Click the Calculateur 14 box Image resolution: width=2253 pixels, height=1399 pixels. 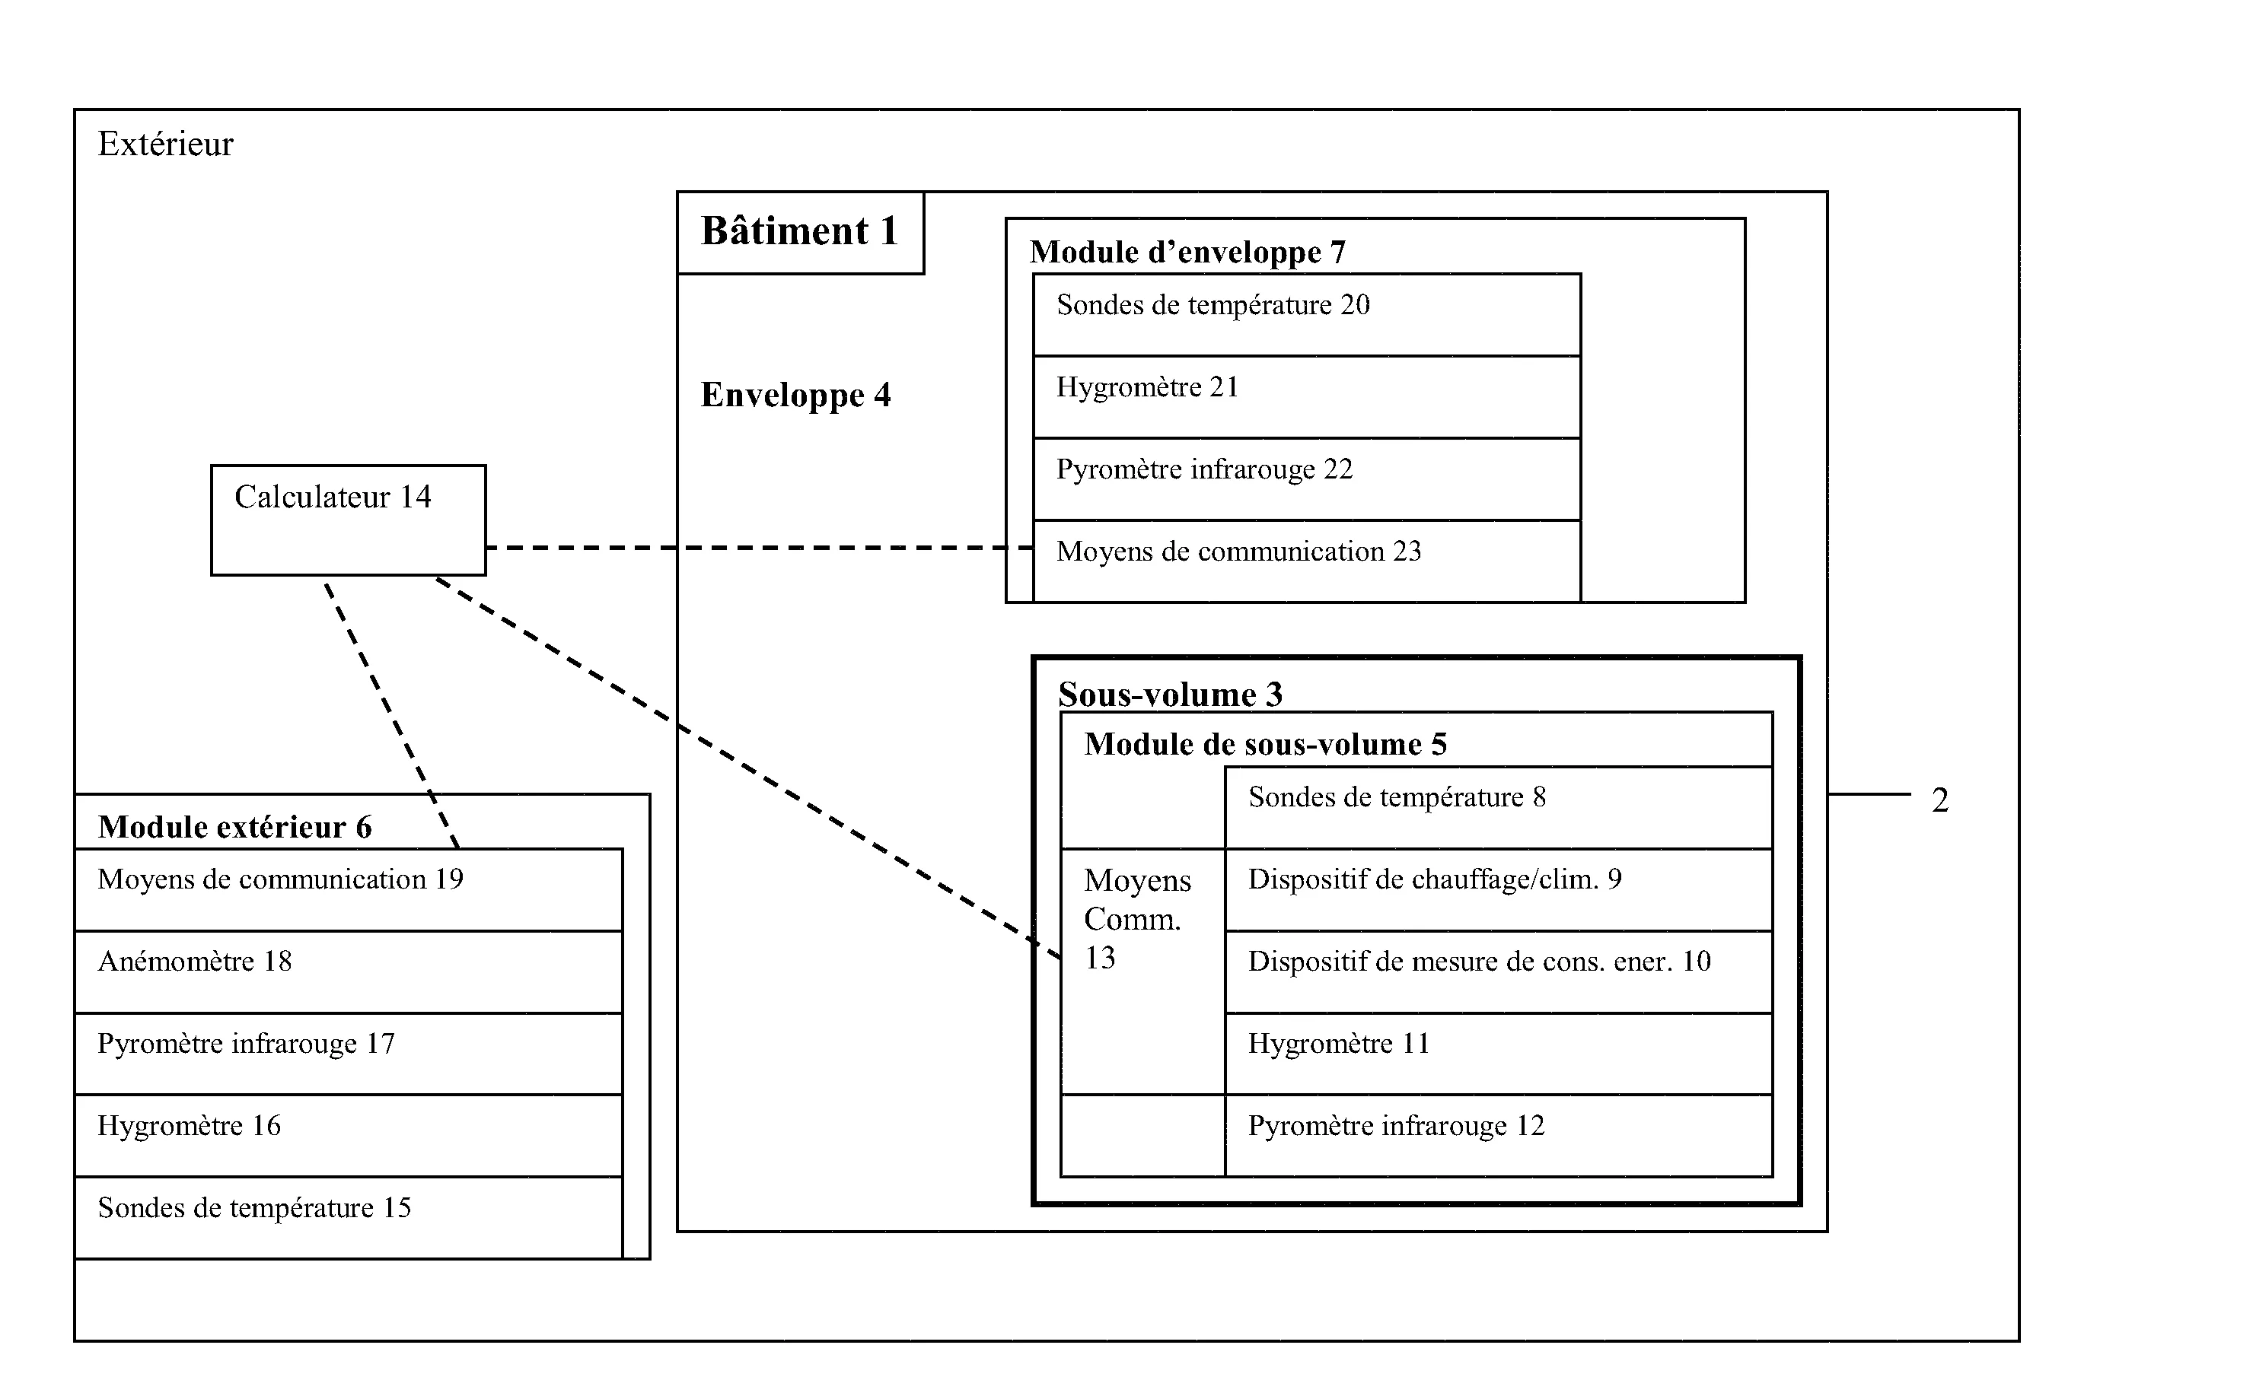pos(348,520)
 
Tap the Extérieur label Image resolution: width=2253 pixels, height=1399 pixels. pos(166,145)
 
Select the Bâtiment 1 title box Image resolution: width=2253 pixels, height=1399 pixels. pos(800,232)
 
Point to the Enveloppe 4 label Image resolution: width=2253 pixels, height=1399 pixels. pos(795,395)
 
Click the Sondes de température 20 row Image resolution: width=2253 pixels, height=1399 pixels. pos(1305,315)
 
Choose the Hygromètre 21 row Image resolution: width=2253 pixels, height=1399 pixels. pos(1305,397)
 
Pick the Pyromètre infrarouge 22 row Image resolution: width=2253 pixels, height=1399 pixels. pos(1305,479)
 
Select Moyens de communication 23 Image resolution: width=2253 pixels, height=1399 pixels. pos(1305,560)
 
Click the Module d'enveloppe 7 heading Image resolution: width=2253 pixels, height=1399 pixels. pos(1187,253)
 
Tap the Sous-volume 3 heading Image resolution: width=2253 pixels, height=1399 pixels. pos(1170,695)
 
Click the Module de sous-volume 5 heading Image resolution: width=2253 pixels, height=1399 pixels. pos(1264,745)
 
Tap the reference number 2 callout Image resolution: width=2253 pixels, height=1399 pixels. pos(1939,800)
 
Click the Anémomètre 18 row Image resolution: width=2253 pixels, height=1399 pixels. pos(348,971)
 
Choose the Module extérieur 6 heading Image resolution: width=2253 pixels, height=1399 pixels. pos(234,827)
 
